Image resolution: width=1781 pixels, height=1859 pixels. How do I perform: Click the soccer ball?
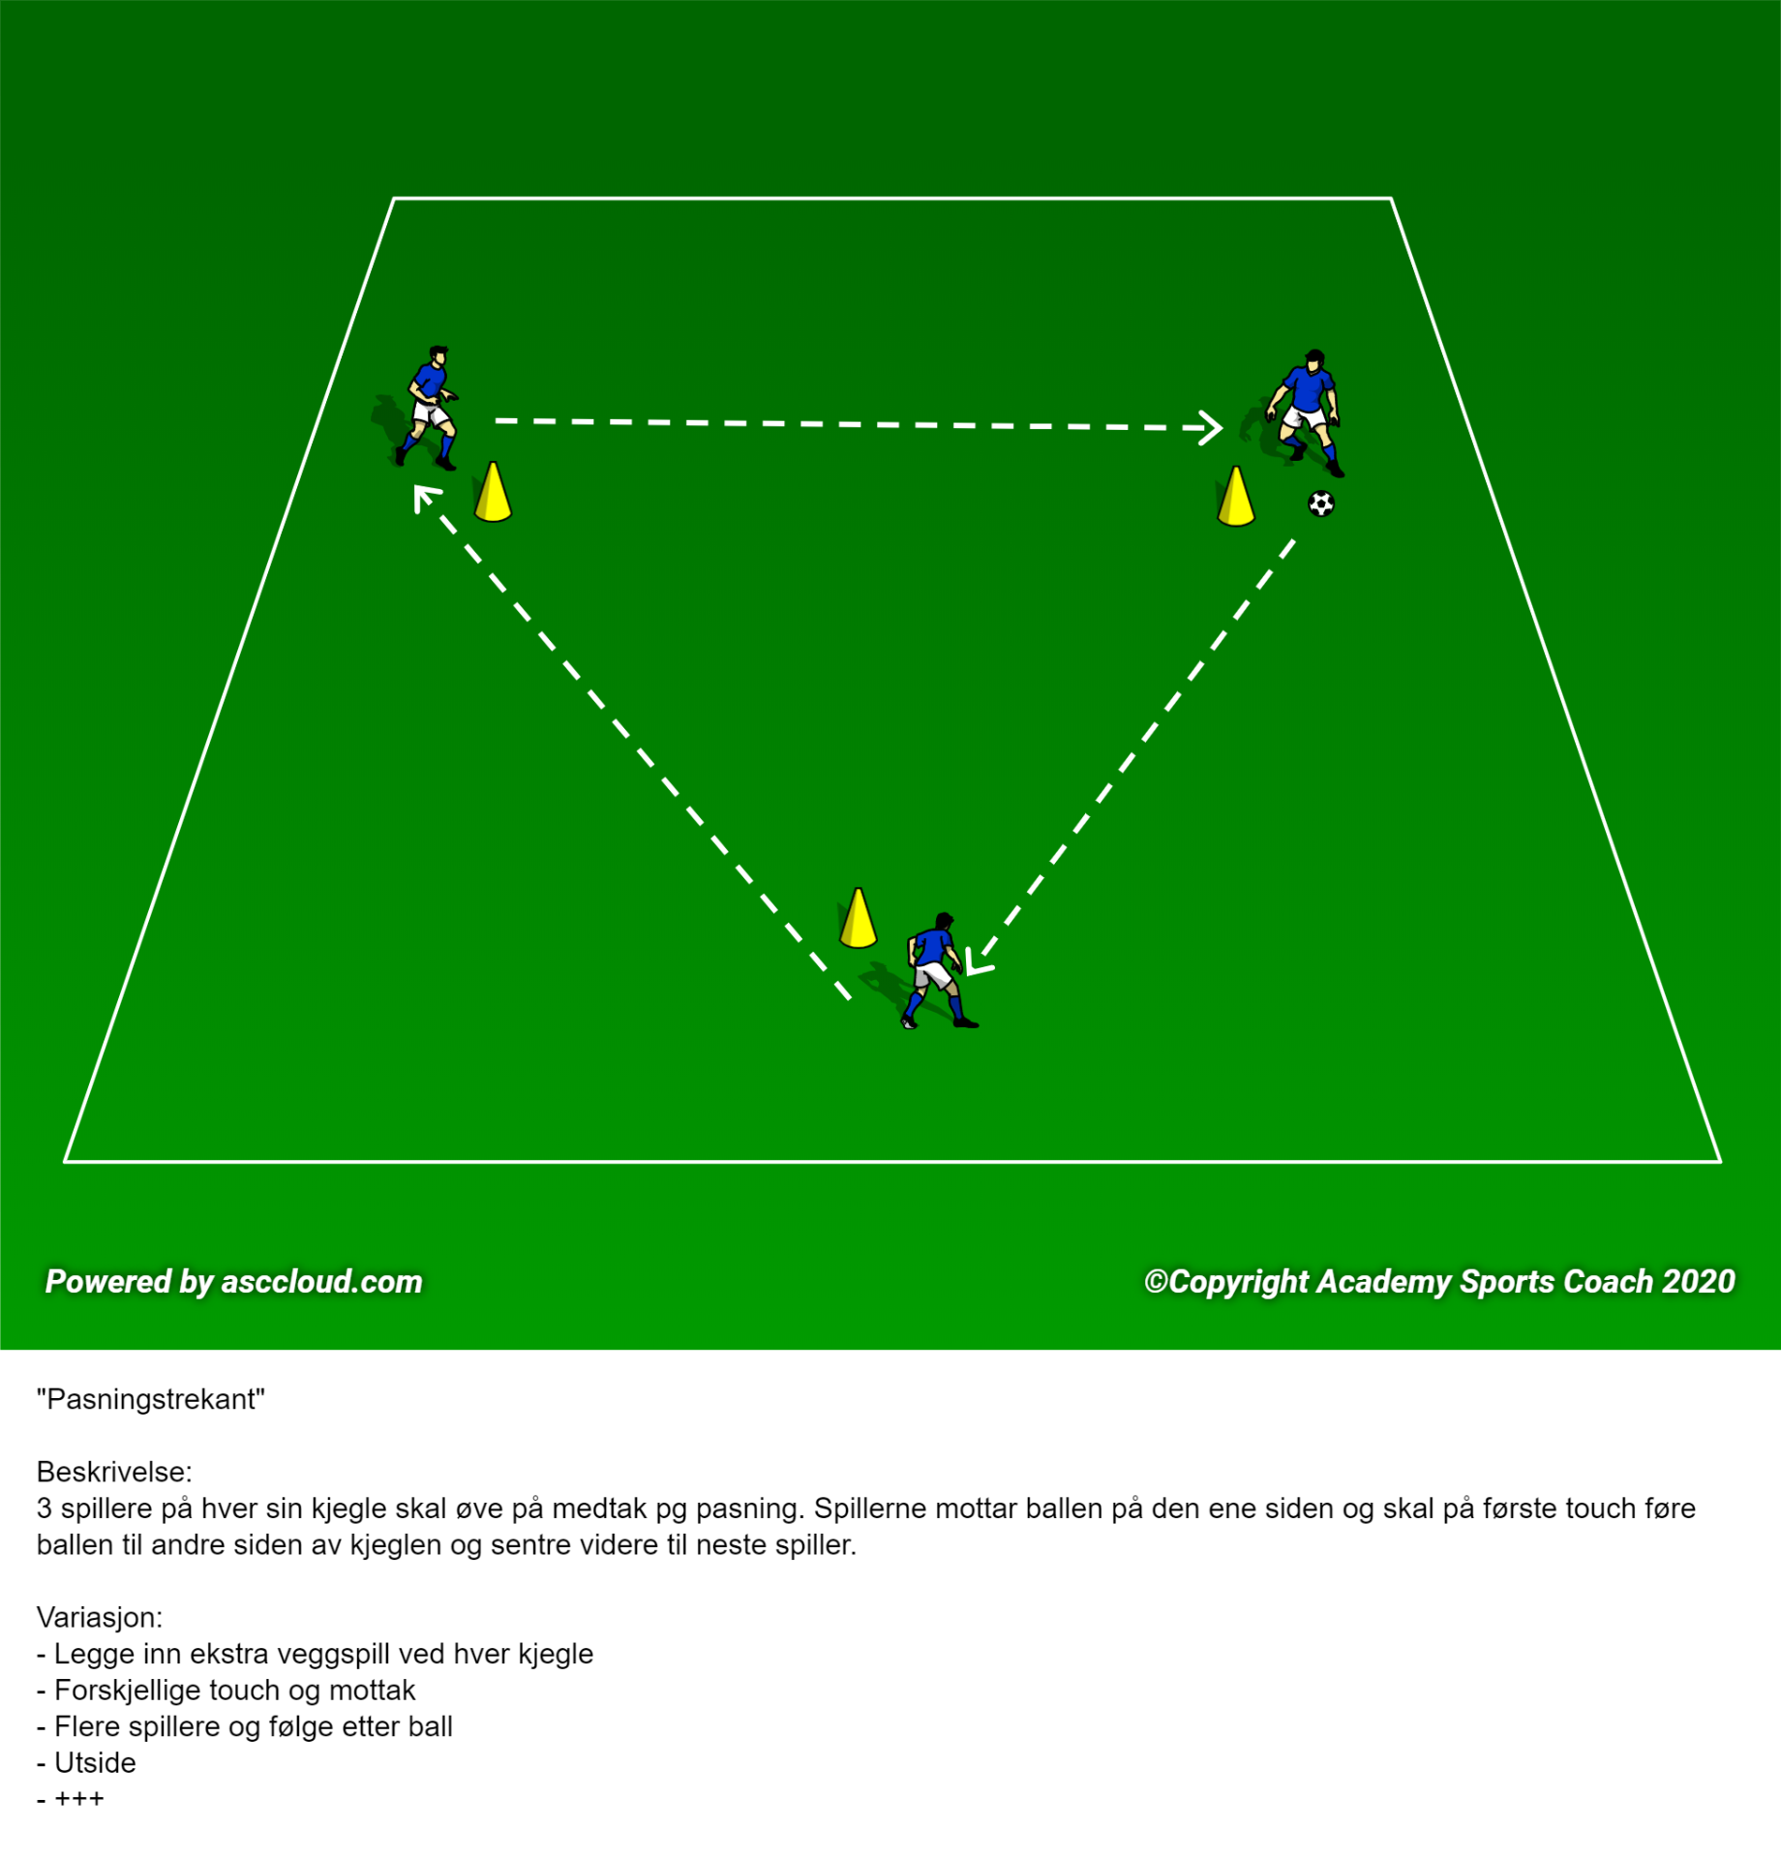1321,503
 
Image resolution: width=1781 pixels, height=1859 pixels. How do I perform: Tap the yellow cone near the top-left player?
493,493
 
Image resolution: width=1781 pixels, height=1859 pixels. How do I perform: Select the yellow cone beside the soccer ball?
1236,497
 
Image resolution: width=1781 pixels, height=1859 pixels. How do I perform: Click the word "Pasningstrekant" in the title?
150,1400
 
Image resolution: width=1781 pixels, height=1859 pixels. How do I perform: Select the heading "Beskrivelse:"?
114,1472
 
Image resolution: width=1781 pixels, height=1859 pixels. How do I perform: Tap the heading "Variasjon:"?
100,1617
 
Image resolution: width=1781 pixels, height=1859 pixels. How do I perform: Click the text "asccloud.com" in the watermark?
321,1281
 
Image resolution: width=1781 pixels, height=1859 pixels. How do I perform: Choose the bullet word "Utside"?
95,1762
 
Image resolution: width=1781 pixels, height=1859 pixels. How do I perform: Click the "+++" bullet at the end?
79,1799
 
